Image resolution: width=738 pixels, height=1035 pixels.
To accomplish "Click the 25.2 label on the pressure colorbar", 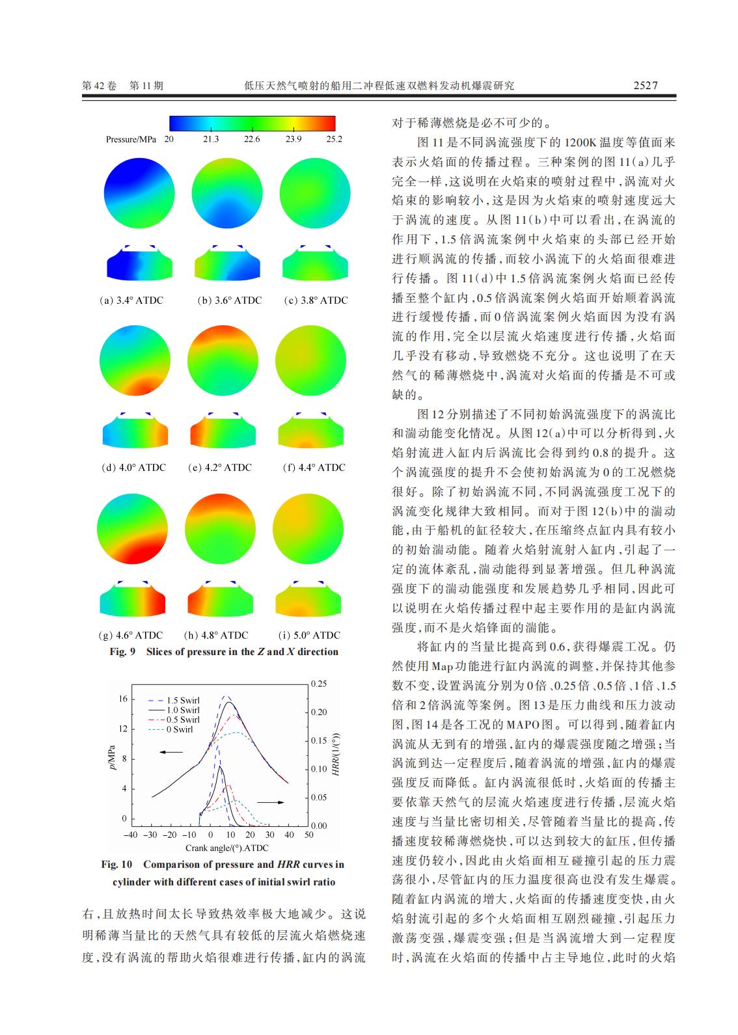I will click(334, 139).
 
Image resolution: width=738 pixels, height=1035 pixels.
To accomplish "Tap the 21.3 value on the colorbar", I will click(211, 139).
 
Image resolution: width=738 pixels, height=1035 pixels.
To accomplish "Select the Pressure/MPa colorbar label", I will click(131, 139).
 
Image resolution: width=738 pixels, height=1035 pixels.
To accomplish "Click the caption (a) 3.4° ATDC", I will click(131, 301).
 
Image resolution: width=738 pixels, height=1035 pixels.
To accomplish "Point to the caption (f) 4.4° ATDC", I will click(314, 468).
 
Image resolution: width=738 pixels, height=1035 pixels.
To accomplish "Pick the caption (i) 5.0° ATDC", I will click(309, 636).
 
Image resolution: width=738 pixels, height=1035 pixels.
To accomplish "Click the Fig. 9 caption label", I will click(122, 652).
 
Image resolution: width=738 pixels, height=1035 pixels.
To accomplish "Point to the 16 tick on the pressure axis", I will click(123, 699).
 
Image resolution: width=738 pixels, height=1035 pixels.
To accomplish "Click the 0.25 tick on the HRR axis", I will click(318, 684).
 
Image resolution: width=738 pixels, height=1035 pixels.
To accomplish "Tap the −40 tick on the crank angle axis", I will click(131, 835).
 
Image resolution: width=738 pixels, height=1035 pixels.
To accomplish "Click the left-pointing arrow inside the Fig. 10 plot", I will click(172, 751).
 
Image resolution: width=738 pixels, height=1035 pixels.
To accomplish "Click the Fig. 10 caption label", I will click(116, 865).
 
